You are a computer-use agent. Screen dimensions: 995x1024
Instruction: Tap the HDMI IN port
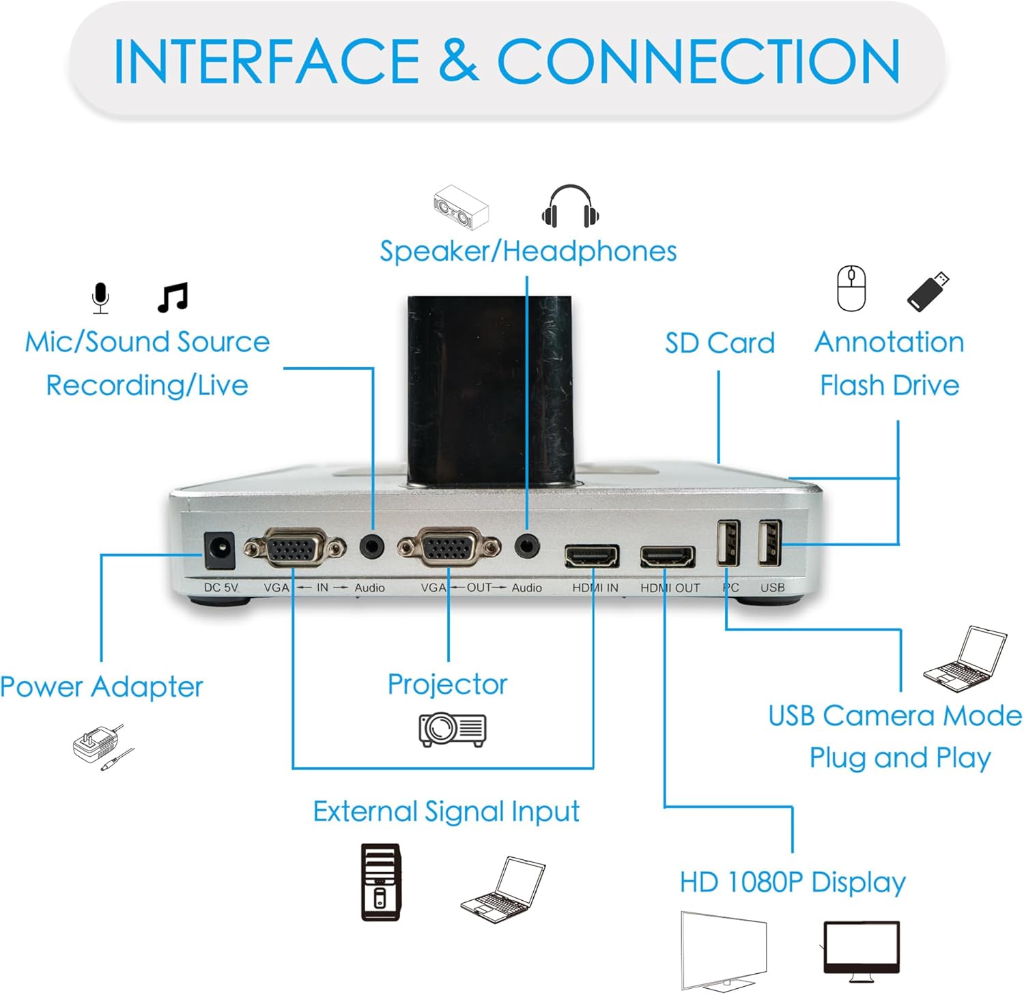tap(592, 556)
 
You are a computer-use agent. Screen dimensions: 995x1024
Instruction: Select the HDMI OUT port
tap(667, 556)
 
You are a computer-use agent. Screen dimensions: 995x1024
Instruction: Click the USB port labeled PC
tap(728, 543)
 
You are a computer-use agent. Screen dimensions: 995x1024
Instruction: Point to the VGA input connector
tap(295, 548)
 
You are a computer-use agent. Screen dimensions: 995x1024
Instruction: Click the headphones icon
tap(570, 206)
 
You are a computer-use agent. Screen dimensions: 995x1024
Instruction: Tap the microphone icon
tap(100, 298)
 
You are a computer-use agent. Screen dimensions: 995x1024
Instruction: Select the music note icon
tap(173, 298)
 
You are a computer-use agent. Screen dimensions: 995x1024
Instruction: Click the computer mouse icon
tap(851, 289)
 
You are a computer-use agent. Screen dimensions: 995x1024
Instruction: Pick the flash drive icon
tap(928, 291)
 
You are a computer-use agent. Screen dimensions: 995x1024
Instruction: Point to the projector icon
tap(453, 729)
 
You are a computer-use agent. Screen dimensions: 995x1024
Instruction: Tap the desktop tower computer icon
tap(381, 882)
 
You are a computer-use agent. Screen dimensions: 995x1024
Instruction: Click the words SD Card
tap(720, 343)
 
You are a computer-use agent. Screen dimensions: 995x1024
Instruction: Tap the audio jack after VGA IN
tap(372, 546)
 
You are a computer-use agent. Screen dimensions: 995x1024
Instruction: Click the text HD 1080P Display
tap(793, 882)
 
